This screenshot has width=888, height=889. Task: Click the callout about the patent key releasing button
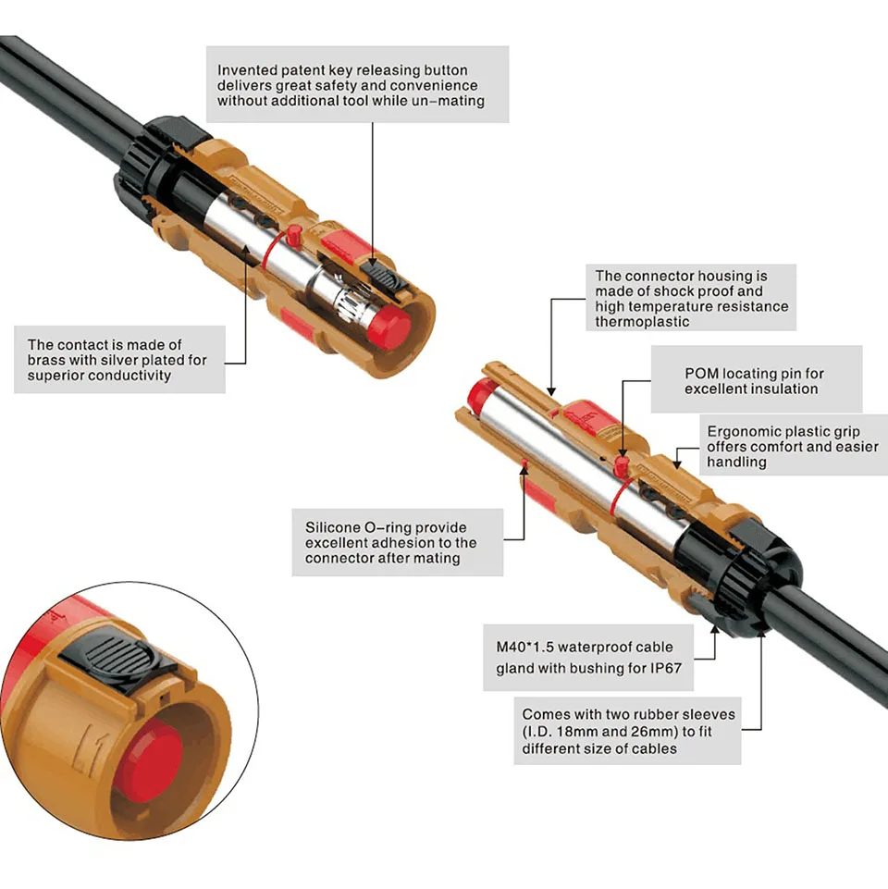(357, 84)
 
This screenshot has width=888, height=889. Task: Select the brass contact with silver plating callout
(118, 360)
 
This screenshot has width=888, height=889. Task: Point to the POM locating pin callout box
(756, 380)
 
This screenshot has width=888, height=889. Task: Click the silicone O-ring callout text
(398, 542)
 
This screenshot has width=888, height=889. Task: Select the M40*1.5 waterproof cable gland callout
(588, 658)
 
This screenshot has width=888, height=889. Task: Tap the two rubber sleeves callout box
(628, 731)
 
